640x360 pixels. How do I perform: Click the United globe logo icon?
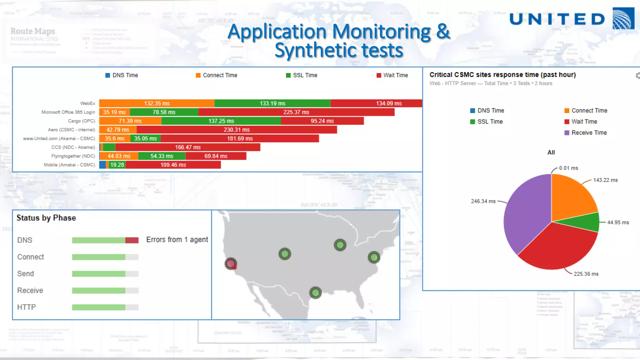click(623, 18)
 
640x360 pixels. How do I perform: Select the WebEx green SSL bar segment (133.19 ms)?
click(272, 103)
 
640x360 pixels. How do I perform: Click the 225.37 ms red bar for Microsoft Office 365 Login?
click(296, 112)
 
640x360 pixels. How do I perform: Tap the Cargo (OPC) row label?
click(82, 121)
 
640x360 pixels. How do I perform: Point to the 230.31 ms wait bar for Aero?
click(237, 130)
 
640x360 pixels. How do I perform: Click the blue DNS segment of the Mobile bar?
click(102, 165)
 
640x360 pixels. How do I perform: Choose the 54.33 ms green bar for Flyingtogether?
click(162, 156)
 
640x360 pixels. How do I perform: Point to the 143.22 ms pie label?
click(605, 180)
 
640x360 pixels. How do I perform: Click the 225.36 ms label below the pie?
click(586, 274)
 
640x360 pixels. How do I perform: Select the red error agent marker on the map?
click(231, 264)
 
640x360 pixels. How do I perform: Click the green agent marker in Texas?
click(315, 293)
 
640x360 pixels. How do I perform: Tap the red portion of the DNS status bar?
click(132, 240)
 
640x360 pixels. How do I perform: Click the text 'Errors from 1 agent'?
click(177, 240)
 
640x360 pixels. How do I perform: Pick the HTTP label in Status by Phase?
click(27, 307)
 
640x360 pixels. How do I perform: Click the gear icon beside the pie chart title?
click(637, 76)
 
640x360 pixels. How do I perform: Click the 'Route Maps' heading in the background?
click(33, 31)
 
